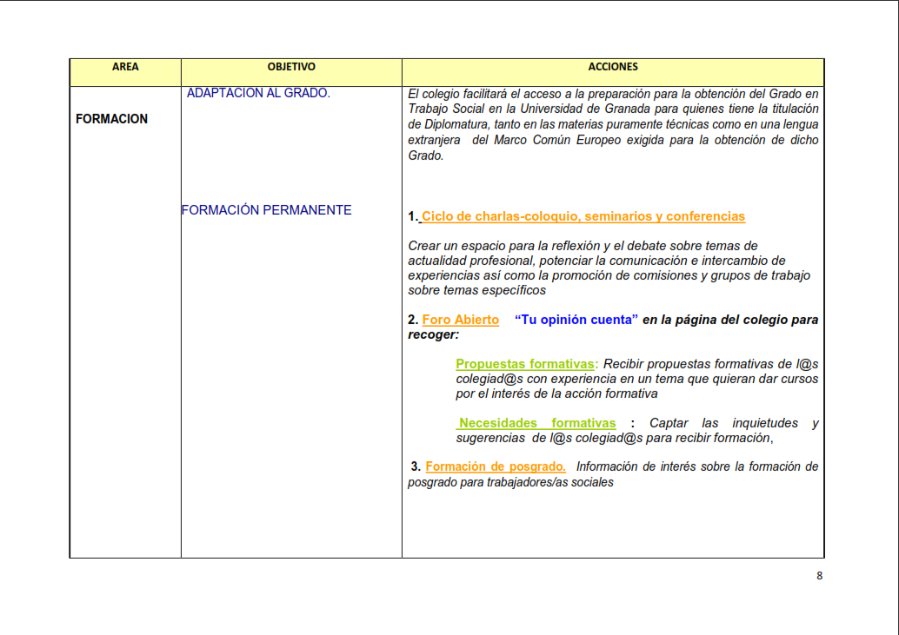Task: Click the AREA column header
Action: point(125,67)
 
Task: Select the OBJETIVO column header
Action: point(291,67)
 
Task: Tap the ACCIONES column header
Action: point(613,67)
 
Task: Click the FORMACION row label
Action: point(112,119)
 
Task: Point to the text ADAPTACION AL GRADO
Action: point(258,93)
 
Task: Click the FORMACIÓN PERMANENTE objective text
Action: point(267,210)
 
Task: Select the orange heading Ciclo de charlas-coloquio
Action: point(583,216)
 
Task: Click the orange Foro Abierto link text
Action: point(460,320)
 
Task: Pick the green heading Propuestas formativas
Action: point(525,364)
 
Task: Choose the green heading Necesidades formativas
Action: point(537,423)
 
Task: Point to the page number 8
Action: point(819,575)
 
